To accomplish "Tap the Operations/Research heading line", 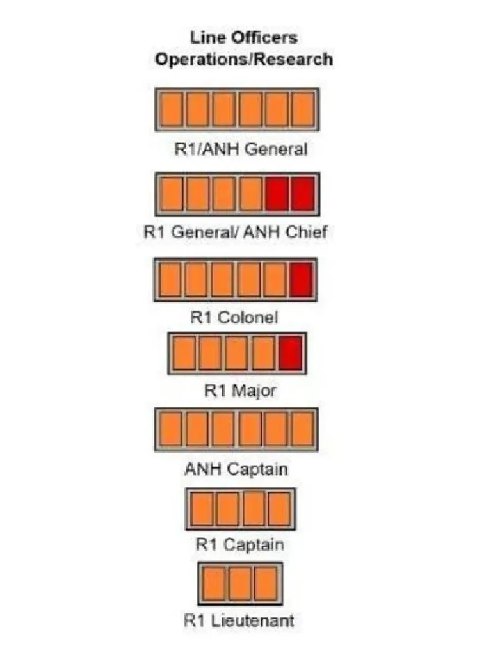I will [x=244, y=59].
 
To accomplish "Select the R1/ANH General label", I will [x=241, y=149].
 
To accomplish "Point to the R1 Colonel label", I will [x=234, y=317].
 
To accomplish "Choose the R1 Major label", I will [x=240, y=390].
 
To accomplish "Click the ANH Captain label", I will [x=236, y=469].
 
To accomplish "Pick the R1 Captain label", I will [x=240, y=544].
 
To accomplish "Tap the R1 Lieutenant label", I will [x=239, y=620].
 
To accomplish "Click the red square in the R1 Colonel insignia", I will [x=301, y=280].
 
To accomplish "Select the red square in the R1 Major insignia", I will [x=291, y=354].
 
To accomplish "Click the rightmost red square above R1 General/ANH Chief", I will [x=303, y=194].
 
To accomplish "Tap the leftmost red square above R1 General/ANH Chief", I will [x=277, y=194].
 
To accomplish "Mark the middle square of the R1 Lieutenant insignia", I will [x=240, y=584].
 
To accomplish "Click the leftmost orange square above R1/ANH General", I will [x=171, y=110].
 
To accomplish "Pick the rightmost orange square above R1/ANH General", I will [x=303, y=110].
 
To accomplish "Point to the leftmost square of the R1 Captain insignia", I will [x=202, y=509].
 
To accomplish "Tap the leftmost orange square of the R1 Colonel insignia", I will [x=170, y=280].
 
